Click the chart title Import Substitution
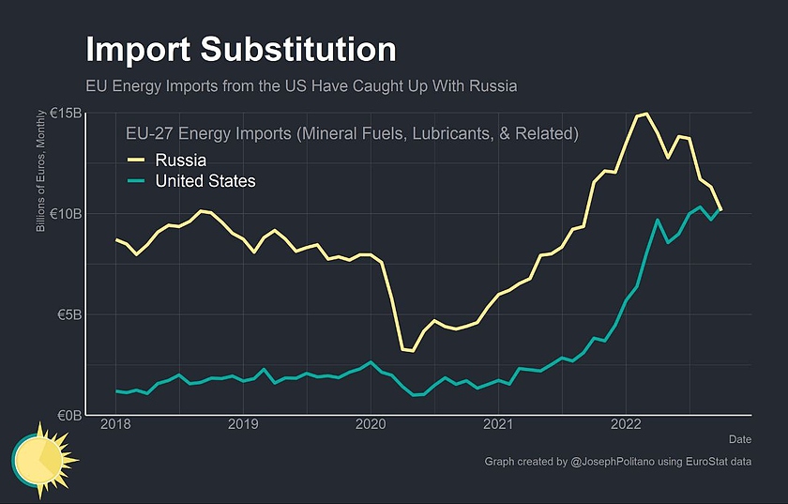tap(240, 50)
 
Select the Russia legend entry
tap(181, 160)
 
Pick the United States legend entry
tap(205, 181)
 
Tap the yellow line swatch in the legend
tap(137, 160)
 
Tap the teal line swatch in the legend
tap(137, 181)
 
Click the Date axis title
tap(739, 438)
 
